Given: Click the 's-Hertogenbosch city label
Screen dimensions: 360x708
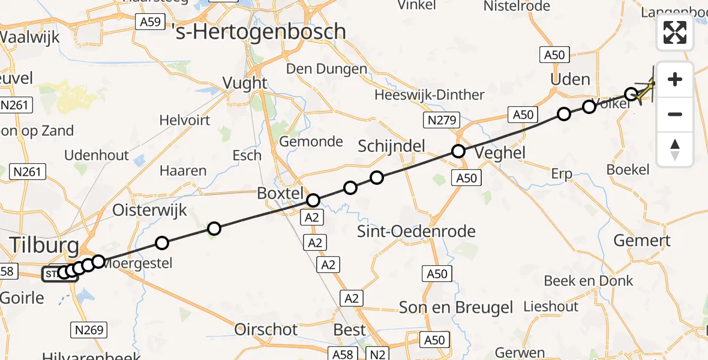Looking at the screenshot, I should pos(259,31).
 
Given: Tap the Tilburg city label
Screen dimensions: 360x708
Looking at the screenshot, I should pos(43,245).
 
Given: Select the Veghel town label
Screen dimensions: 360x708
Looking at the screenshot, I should pos(500,152).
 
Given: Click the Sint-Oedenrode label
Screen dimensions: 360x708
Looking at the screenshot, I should pos(416,232).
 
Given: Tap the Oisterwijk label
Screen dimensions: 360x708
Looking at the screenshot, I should pos(150,210).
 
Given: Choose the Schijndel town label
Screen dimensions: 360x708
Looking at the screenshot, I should pos(391,145).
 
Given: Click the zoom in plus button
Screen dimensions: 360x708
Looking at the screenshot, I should pos(675,79).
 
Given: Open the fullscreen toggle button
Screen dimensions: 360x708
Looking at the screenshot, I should pos(675,32).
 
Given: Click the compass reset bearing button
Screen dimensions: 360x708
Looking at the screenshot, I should pos(675,149).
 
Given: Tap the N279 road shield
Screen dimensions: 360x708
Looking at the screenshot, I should pos(439,121).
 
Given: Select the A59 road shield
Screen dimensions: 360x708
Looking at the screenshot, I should pos(149,22).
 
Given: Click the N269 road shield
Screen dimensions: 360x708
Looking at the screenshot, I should pos(89,329).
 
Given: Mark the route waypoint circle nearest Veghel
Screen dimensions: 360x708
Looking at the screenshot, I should pos(458,151).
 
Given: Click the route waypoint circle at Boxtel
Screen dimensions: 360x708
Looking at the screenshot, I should pos(313,200).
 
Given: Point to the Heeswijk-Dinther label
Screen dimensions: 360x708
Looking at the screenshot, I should pos(429,95).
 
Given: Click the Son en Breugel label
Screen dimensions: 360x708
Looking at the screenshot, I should pos(457,308).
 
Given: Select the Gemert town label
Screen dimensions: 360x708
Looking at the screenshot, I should pos(641,241).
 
